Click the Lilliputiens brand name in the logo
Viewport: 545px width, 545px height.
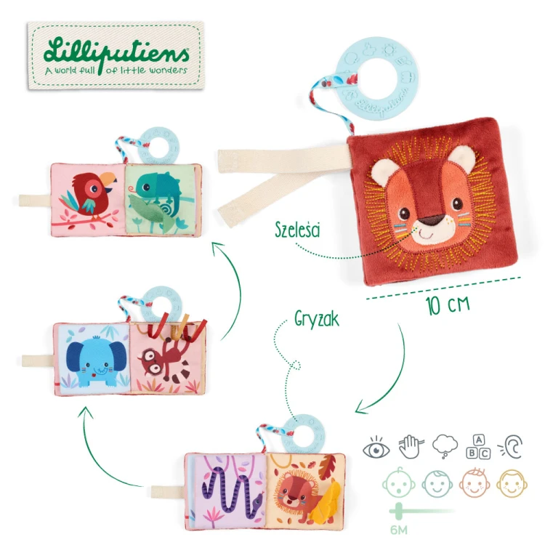[116, 53]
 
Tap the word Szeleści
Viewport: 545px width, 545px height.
[297, 230]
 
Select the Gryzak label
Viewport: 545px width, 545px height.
[317, 319]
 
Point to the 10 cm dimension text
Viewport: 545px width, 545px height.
[448, 304]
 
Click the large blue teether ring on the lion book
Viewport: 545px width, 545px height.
[376, 78]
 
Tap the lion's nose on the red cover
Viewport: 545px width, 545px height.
[431, 220]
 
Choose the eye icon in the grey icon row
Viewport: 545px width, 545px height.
[376, 448]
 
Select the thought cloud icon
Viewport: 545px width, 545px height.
[445, 446]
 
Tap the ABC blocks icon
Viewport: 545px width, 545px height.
[478, 447]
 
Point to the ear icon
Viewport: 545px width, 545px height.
[511, 447]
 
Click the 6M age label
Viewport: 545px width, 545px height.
[399, 530]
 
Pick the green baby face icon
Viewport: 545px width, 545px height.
[399, 483]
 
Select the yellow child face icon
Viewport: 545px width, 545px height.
[512, 483]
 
